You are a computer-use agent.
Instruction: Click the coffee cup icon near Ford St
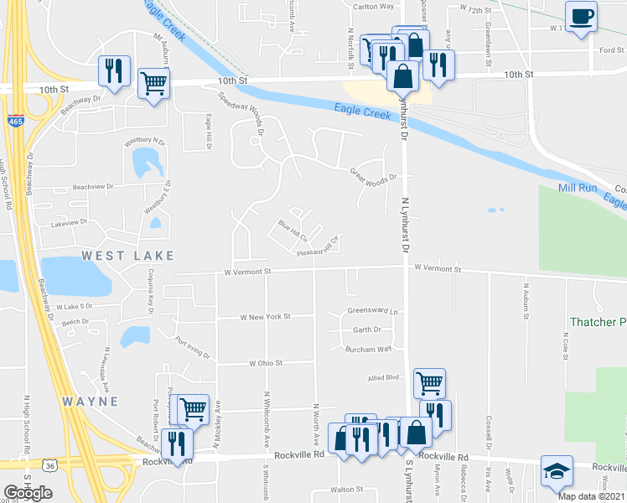coord(581,17)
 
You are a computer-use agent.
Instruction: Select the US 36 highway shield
coord(51,464)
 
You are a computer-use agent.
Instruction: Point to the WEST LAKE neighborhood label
coord(128,255)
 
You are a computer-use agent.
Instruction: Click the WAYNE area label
coord(90,402)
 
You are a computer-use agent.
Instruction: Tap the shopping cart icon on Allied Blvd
coord(429,383)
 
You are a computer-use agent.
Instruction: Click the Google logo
coord(28,493)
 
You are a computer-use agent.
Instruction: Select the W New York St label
coord(264,317)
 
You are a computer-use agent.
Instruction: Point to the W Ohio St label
coord(267,363)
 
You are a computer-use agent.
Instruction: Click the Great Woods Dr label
coord(372,174)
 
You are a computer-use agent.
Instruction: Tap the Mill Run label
coord(577,189)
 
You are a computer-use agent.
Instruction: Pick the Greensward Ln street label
coord(371,311)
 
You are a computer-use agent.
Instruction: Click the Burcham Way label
coord(371,349)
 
